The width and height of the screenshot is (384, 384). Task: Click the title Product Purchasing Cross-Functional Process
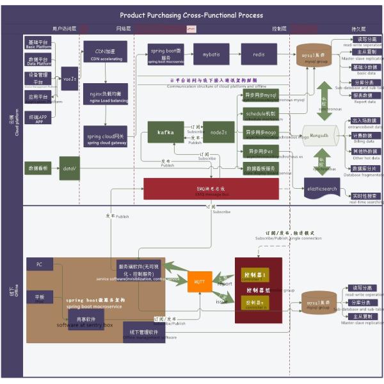(x=191, y=15)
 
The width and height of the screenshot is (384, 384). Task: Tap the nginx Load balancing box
(x=105, y=95)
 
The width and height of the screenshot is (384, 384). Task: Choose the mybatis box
(x=211, y=55)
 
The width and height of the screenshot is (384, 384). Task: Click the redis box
(x=259, y=55)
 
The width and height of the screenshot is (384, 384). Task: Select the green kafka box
(x=166, y=132)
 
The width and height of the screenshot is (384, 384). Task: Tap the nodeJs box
(x=219, y=132)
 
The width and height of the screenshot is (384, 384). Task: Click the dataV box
(x=69, y=168)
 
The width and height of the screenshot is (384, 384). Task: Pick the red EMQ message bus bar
(x=211, y=189)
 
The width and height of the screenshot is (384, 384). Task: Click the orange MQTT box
(x=200, y=282)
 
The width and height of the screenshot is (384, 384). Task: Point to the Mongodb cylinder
(x=320, y=136)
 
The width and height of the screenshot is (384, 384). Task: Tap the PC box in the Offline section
(x=40, y=264)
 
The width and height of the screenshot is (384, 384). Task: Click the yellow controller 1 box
(x=255, y=275)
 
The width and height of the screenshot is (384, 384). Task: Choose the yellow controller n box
(x=255, y=301)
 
